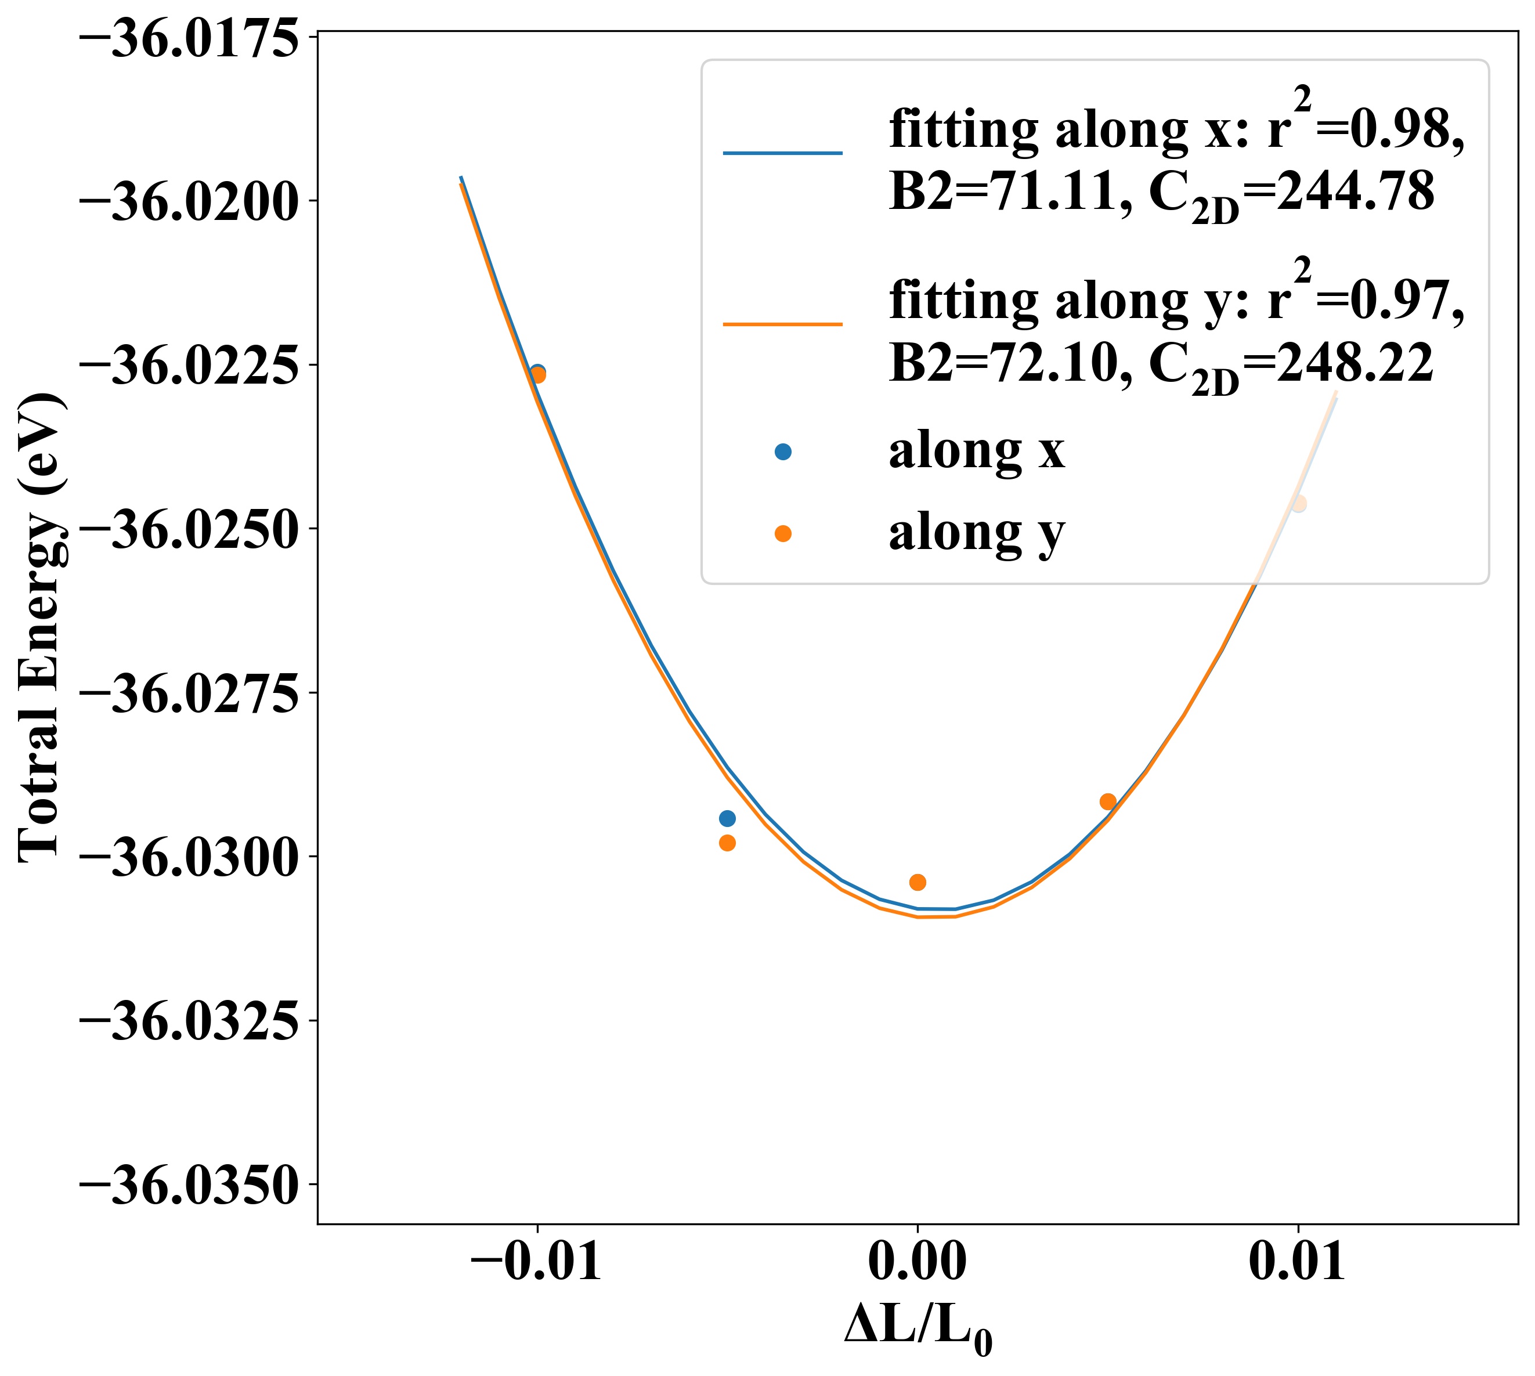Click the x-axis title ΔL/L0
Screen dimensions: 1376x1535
(x=917, y=1328)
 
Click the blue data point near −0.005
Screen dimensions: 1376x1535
(x=727, y=818)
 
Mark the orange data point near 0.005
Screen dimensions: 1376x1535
(x=1108, y=801)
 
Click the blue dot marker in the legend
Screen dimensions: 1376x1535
(x=783, y=452)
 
